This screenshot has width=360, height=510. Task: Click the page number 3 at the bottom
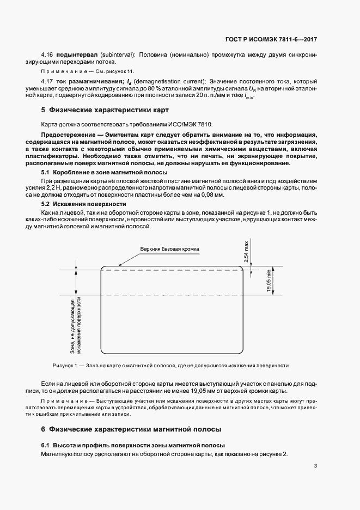point(315,466)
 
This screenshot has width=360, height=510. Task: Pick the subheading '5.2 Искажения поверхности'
point(71,204)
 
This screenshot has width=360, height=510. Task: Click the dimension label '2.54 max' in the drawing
point(247,254)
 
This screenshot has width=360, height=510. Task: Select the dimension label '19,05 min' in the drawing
point(269,282)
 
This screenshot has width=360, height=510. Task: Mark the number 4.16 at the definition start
point(47,56)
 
